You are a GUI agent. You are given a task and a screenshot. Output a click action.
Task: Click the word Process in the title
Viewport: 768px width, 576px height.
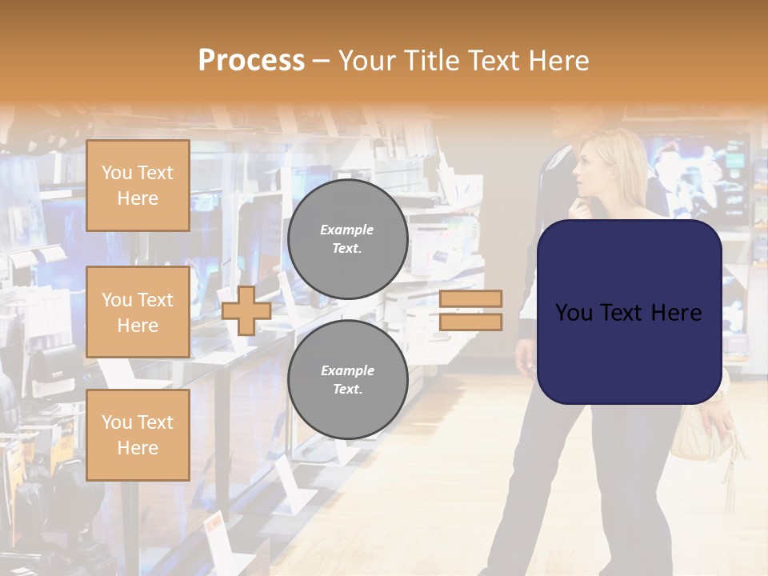click(251, 61)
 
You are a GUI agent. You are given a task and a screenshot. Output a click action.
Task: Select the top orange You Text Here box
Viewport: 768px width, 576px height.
click(138, 186)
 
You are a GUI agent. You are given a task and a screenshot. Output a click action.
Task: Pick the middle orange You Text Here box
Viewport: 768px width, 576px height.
click(138, 312)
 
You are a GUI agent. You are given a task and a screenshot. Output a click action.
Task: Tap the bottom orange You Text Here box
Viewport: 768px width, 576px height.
click(138, 434)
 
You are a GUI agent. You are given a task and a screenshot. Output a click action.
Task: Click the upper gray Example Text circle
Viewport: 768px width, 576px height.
click(348, 238)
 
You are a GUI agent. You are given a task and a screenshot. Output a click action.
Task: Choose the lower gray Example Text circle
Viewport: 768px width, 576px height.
click(348, 379)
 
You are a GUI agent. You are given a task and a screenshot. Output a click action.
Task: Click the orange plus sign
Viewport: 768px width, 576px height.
click(246, 310)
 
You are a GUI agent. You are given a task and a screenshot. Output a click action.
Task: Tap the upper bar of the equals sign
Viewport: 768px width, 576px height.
click(470, 298)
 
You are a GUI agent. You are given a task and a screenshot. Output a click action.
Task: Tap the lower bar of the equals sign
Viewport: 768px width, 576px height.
click(470, 322)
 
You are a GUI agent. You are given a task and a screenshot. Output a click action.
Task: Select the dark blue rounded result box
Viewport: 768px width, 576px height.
click(629, 312)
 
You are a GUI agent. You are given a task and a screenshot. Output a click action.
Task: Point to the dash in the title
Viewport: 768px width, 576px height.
click(321, 61)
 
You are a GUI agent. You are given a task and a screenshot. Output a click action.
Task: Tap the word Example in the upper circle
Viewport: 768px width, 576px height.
click(347, 230)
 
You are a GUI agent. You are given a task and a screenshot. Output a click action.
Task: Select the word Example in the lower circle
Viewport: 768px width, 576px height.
click(347, 370)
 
